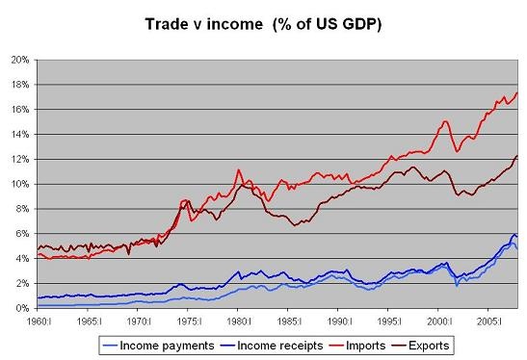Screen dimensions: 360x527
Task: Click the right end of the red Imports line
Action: click(x=518, y=92)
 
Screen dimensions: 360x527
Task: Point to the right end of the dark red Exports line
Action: click(x=518, y=155)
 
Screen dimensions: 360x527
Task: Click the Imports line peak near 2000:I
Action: click(x=445, y=121)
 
